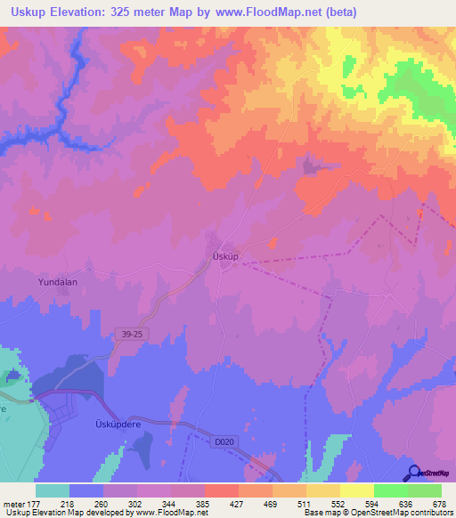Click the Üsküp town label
point(227,255)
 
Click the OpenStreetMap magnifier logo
point(411,473)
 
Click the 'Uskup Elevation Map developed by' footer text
point(66,513)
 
